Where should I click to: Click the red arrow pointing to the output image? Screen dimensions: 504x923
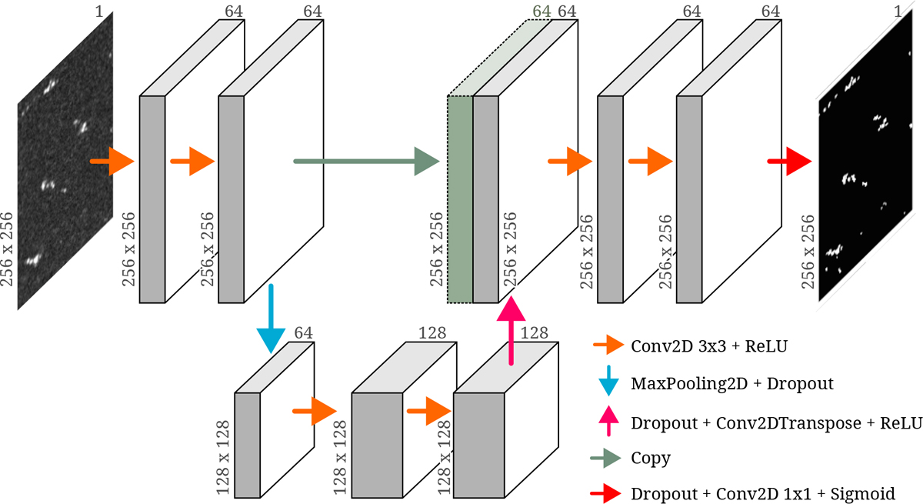(x=789, y=161)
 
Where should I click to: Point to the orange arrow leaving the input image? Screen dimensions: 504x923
(x=112, y=161)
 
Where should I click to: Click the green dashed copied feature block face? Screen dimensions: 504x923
(x=460, y=200)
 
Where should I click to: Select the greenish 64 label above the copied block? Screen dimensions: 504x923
(x=542, y=12)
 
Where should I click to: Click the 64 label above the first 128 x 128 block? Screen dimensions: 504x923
(x=304, y=332)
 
